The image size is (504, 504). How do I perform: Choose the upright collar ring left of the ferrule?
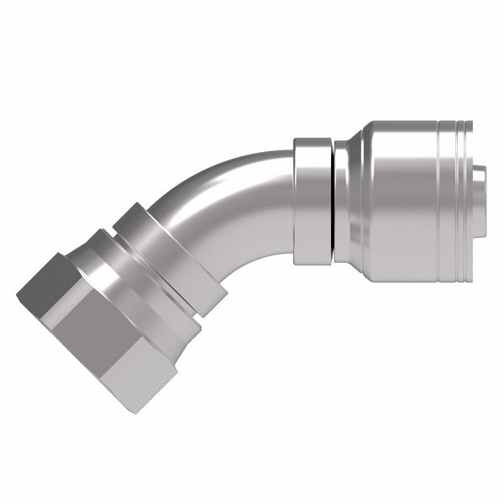click(x=312, y=202)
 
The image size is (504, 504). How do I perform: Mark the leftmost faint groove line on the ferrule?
click(x=439, y=202)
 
